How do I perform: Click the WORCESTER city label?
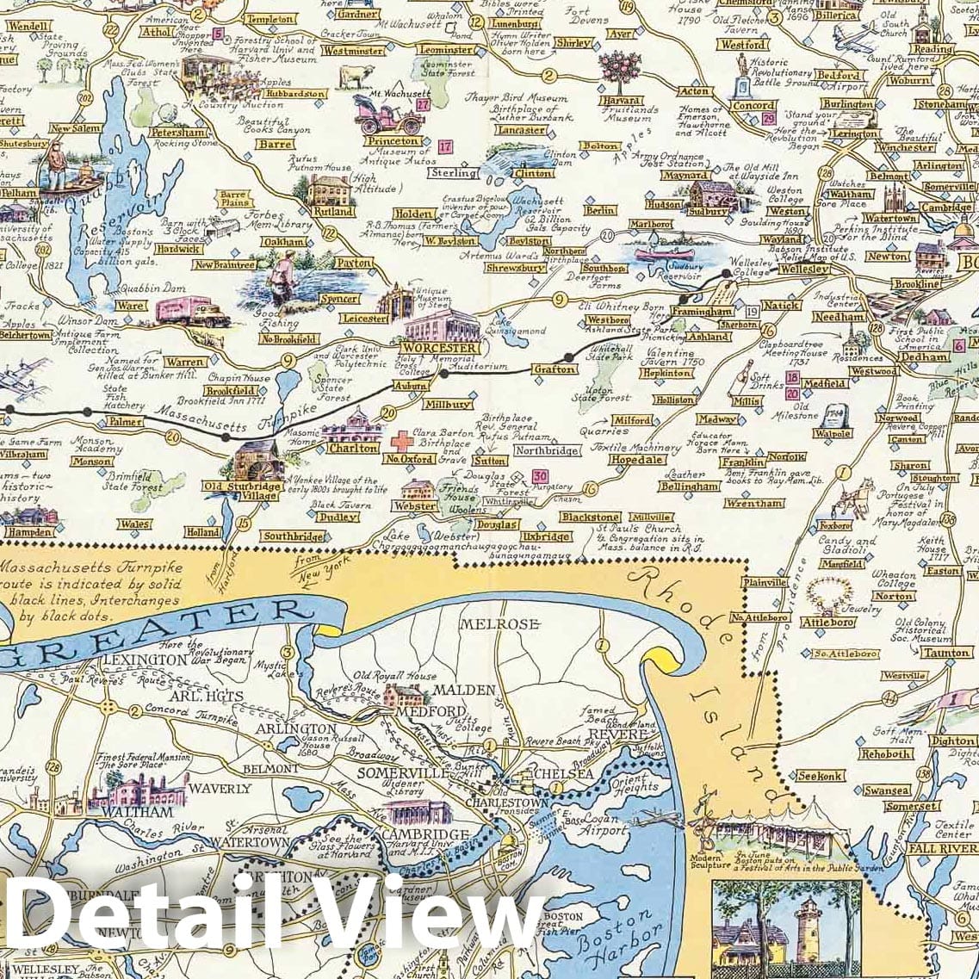click(440, 348)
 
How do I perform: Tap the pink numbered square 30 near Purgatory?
click(540, 476)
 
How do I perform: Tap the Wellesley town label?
click(804, 269)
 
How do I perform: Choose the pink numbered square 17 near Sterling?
click(444, 146)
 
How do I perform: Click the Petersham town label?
click(179, 133)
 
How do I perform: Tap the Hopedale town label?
click(637, 460)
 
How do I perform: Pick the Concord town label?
click(753, 105)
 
